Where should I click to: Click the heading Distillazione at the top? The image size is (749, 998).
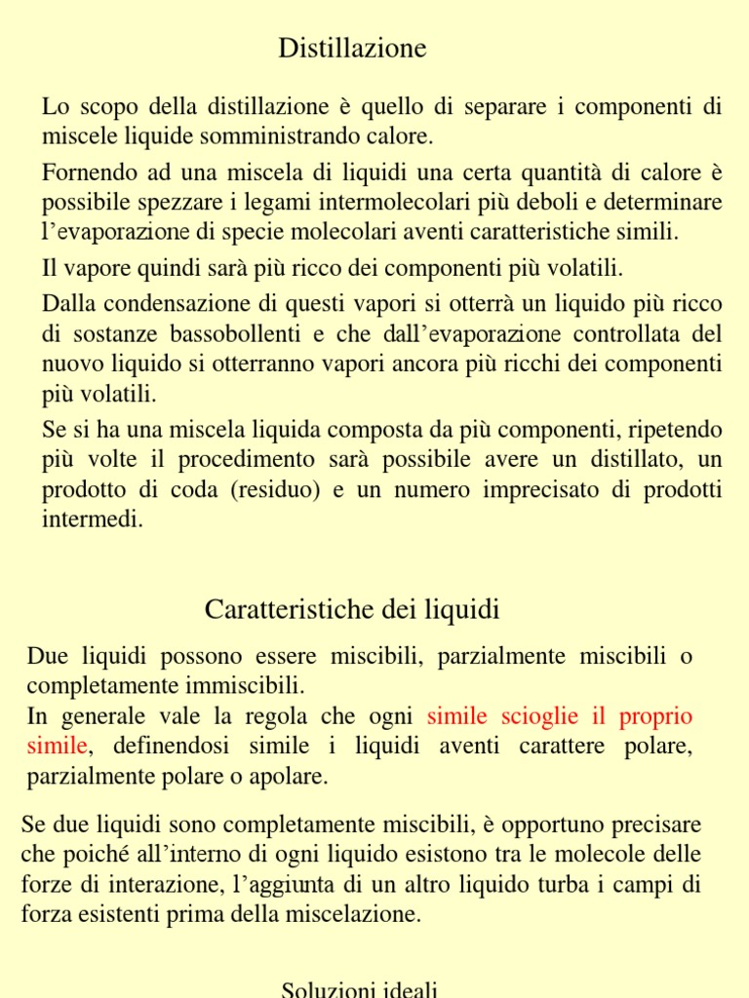(352, 48)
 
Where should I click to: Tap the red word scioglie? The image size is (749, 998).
(542, 716)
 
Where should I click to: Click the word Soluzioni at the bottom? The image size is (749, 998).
(322, 989)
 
